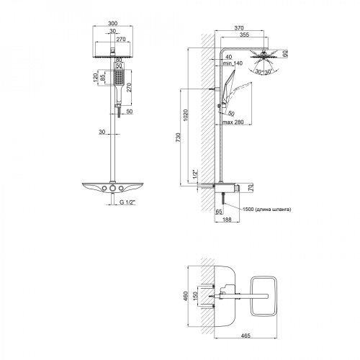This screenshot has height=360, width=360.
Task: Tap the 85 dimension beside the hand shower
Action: click(x=103, y=76)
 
